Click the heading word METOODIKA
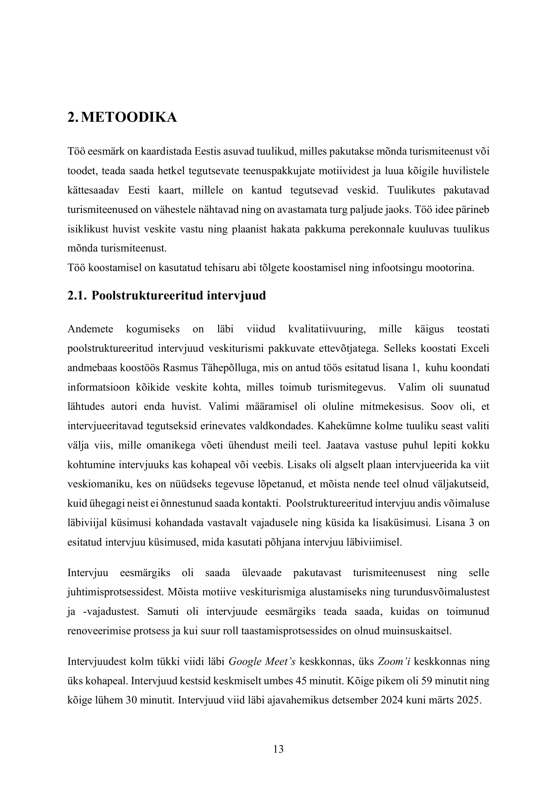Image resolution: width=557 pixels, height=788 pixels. [x=129, y=118]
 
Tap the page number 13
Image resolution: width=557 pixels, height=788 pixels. [x=278, y=749]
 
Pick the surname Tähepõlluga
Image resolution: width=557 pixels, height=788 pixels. [x=226, y=368]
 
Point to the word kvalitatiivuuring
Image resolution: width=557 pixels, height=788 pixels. [x=327, y=329]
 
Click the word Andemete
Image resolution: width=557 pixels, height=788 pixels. [x=90, y=329]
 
